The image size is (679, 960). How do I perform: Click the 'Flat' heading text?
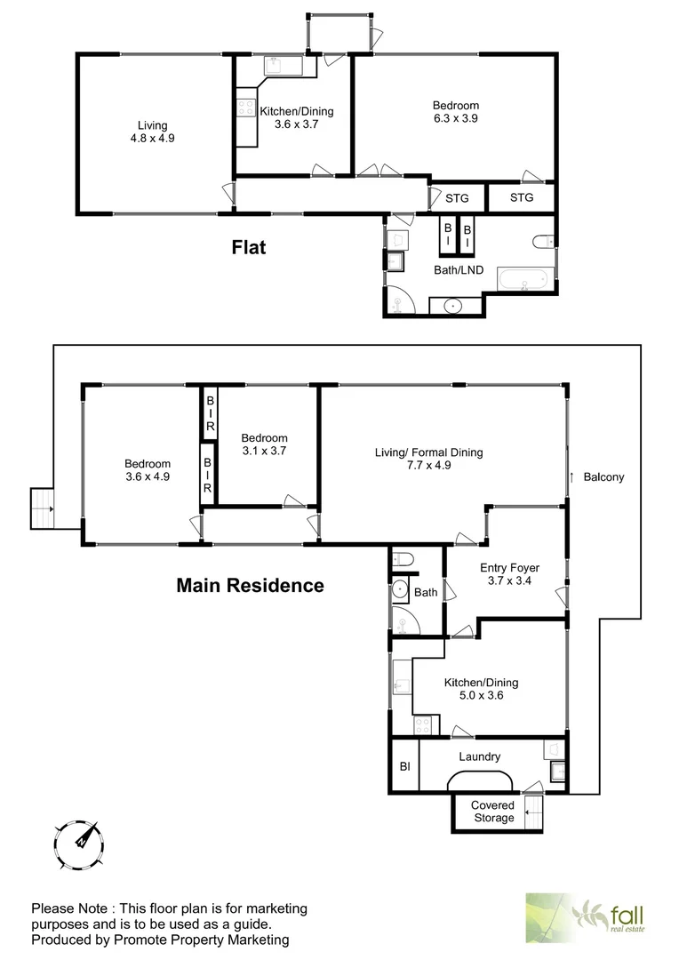(x=249, y=247)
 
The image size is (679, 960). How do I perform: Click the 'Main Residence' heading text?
(x=250, y=585)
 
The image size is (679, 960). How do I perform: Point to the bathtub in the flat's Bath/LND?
(x=523, y=280)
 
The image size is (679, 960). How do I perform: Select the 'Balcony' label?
(x=603, y=477)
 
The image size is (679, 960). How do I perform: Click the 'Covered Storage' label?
(x=492, y=812)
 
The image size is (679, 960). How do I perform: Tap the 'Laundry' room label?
(x=479, y=757)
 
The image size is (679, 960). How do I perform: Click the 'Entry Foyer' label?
(x=509, y=567)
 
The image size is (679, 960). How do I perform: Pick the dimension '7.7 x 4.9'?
(x=428, y=465)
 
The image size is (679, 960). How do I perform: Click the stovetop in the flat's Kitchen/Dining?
(x=245, y=108)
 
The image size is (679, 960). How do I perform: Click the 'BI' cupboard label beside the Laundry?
(x=404, y=765)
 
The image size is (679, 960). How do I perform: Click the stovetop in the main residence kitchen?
(x=423, y=725)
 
